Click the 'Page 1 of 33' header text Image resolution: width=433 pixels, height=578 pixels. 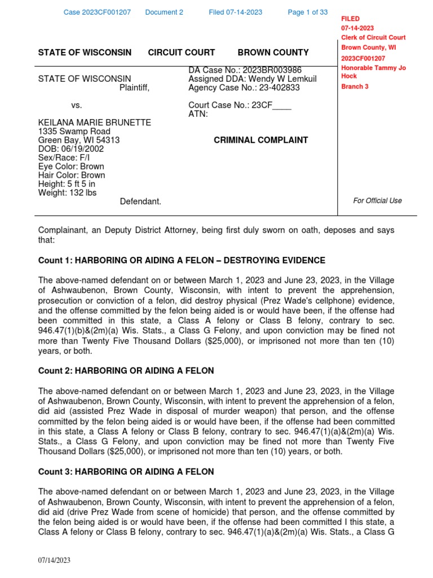point(307,12)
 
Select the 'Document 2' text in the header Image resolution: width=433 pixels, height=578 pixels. point(164,12)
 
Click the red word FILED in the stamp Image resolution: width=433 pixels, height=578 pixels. point(350,19)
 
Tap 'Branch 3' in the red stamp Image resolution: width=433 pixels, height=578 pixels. point(355,86)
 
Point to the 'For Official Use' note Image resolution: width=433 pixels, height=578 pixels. point(377,200)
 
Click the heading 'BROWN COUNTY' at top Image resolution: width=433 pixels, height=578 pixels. point(273,52)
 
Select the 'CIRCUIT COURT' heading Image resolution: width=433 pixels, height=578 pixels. point(181,52)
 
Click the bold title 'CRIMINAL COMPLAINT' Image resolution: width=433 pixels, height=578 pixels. point(260,140)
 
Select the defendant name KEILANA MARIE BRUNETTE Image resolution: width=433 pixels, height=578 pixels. point(94,122)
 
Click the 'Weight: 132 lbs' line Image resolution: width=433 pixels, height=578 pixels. point(67,192)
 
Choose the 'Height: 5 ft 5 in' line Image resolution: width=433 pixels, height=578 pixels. point(67,184)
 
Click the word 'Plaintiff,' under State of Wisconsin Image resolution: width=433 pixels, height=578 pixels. point(134,87)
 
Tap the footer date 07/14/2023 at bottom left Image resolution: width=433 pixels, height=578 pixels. point(54,560)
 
